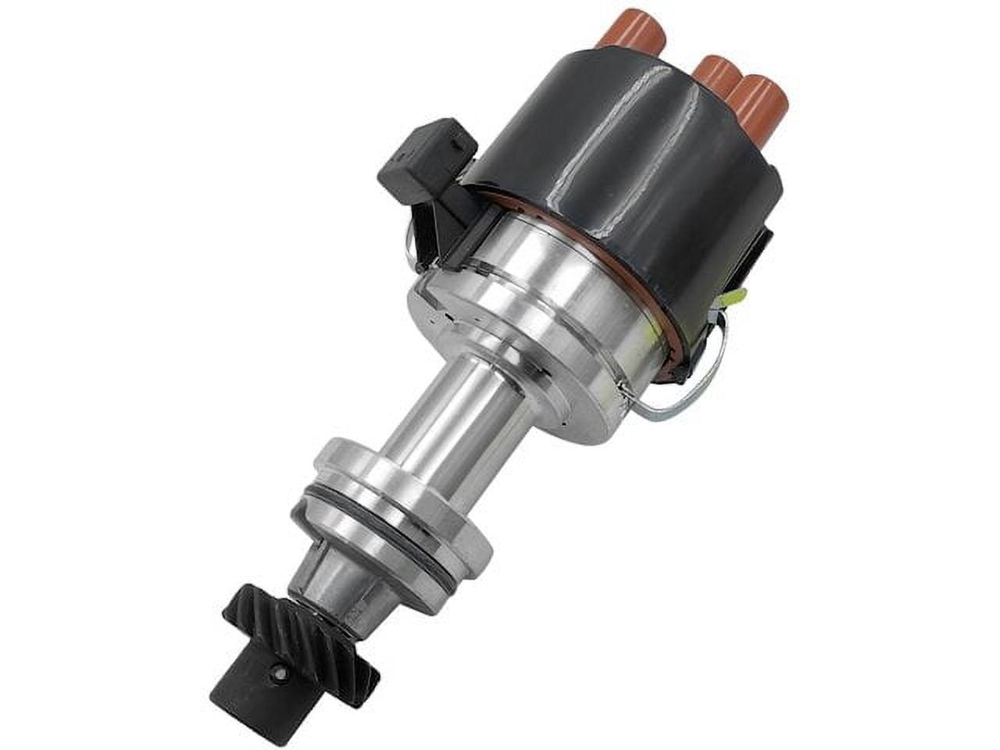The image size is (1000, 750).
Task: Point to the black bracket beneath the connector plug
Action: tap(426, 227)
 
